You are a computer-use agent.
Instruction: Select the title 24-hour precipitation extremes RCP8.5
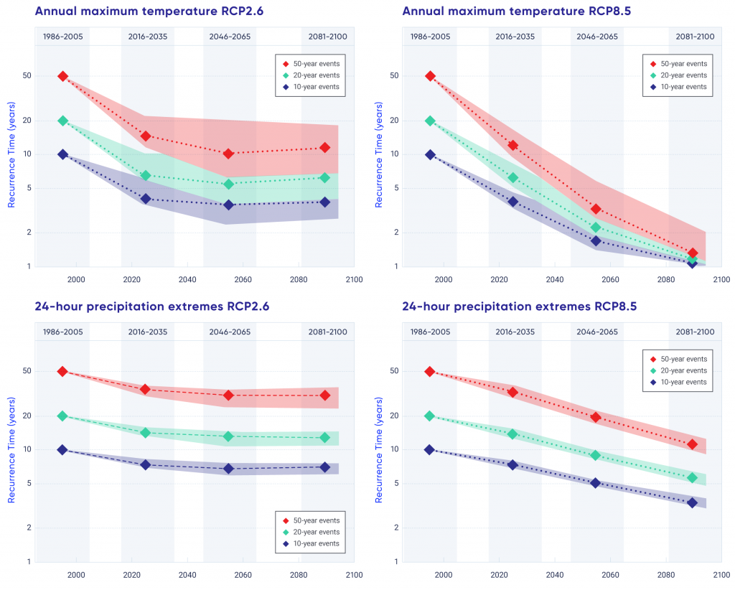point(519,306)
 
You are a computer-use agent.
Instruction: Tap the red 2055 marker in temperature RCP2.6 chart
point(228,154)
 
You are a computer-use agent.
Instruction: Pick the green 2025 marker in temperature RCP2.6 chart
point(146,175)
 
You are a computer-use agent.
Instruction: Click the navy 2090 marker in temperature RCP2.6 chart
point(325,202)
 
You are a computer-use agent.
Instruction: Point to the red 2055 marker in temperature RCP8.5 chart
point(596,209)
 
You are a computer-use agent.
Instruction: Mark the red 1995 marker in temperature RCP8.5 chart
point(430,76)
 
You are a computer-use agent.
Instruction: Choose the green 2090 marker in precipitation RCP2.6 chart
point(325,437)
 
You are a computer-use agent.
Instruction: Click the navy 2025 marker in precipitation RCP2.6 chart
point(146,464)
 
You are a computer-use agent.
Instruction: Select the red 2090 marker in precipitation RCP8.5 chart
point(693,444)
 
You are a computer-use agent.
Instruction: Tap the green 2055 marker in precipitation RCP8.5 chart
point(596,455)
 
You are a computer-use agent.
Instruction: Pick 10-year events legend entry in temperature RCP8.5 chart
point(678,87)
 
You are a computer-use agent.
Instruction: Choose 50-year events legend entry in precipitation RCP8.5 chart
point(678,359)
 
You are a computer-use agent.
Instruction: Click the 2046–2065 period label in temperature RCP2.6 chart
point(230,37)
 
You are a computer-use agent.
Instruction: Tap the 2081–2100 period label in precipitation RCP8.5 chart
point(694,332)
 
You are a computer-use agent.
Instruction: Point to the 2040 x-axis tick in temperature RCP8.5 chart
point(555,279)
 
